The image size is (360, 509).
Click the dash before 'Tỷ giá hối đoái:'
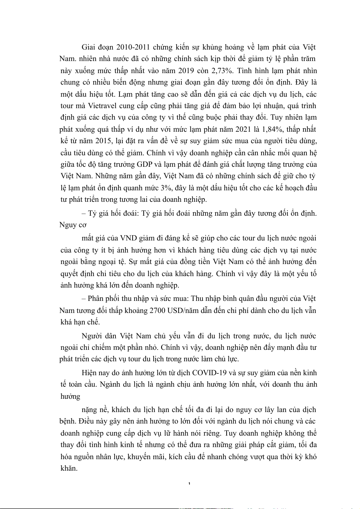tap(84, 213)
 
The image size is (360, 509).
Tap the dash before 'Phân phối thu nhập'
tap(84, 298)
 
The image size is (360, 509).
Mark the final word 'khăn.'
tap(69, 468)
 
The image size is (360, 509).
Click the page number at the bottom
tap(189, 484)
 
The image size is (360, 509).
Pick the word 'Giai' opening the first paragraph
tap(89, 47)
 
